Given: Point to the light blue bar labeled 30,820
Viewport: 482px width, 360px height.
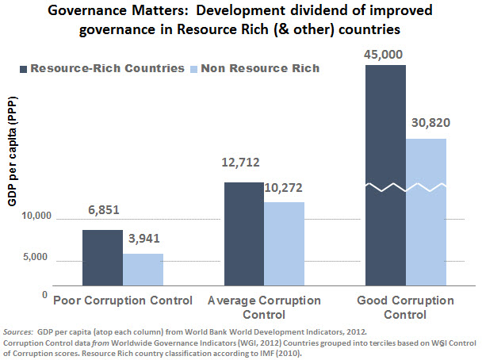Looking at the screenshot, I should click(x=426, y=211).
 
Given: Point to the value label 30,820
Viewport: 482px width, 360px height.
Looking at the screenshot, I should click(x=427, y=124).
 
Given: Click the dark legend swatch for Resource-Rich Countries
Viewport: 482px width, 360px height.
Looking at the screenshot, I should click(x=18, y=68).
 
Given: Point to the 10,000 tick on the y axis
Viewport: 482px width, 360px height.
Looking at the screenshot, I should click(x=36, y=216).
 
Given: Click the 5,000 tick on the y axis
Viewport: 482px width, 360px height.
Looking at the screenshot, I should click(x=39, y=257).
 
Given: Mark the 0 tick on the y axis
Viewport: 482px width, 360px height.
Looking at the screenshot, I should click(x=46, y=294).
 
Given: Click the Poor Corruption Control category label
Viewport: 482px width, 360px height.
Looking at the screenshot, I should click(x=122, y=301).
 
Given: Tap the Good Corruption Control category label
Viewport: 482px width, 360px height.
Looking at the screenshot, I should click(x=405, y=308).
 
